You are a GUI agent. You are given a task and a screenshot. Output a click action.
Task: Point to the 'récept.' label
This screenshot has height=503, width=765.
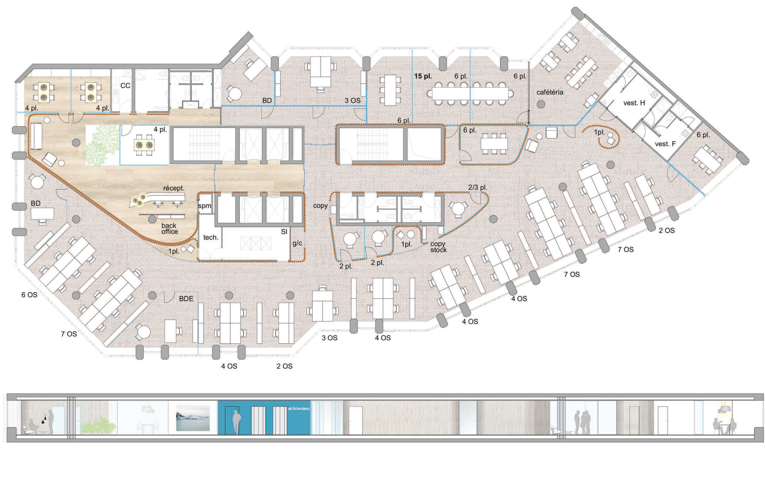[x=174, y=188]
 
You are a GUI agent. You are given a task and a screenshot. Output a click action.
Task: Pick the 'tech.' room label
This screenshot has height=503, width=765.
[x=211, y=237]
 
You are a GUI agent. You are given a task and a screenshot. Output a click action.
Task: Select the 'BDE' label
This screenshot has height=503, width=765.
[x=186, y=299]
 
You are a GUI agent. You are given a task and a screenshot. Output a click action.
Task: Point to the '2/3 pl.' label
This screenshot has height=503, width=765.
[x=478, y=187]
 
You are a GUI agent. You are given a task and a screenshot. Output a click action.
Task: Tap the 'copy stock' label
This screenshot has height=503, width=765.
[x=438, y=247]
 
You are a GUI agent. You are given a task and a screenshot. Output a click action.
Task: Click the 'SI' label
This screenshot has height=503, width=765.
[x=284, y=232]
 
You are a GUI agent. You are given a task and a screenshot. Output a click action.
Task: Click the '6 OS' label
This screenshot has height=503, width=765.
[x=29, y=295]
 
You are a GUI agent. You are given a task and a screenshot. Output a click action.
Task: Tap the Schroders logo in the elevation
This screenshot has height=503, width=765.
[x=299, y=409]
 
